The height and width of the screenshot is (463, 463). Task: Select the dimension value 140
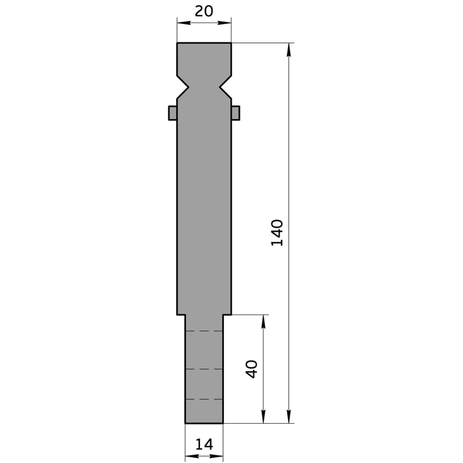(277, 233)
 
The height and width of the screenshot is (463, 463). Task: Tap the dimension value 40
(251, 369)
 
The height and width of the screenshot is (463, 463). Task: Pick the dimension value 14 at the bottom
(204, 444)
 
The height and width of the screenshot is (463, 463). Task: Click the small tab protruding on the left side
(172, 113)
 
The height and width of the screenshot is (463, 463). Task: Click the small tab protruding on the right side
(235, 113)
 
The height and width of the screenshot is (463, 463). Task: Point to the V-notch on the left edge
(184, 85)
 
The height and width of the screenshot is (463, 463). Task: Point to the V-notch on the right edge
(224, 85)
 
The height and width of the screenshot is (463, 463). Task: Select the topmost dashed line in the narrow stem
(204, 331)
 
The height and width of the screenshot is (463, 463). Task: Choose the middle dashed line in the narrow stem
(204, 370)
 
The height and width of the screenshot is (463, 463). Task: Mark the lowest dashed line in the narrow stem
(204, 399)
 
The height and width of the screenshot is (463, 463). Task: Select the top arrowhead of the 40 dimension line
(263, 320)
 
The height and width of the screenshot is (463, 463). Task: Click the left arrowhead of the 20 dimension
(181, 23)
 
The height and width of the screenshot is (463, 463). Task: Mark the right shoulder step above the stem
(227, 314)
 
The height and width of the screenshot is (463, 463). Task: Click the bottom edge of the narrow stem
(204, 423)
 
